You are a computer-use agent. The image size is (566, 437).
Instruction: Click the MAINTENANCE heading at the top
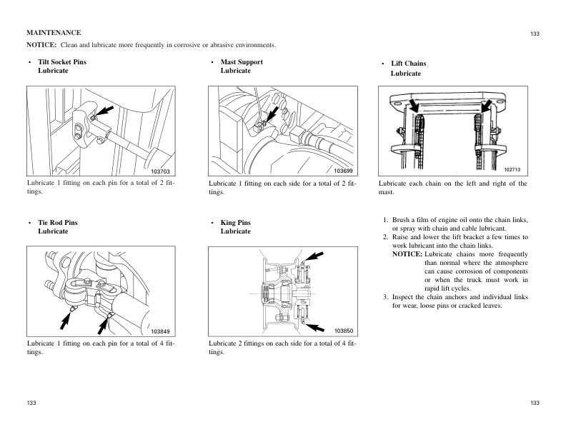click(54, 33)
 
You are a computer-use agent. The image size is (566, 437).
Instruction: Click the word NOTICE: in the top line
click(41, 46)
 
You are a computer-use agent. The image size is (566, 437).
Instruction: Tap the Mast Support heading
click(242, 62)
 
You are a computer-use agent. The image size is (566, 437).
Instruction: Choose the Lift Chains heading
click(408, 64)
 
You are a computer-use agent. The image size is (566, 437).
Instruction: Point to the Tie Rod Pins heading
click(57, 223)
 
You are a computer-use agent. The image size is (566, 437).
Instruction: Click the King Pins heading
click(236, 223)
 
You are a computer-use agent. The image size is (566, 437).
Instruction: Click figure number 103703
click(161, 171)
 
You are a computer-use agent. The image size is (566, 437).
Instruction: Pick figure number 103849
click(161, 331)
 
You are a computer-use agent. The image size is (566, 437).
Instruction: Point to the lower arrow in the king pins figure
click(314, 326)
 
